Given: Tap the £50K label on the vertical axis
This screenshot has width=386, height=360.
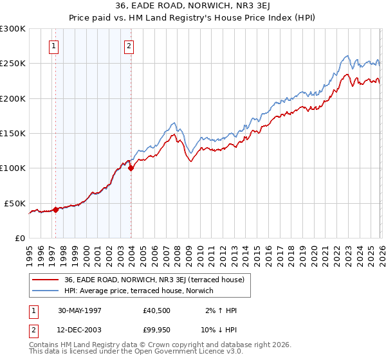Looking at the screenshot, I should [x=15, y=203].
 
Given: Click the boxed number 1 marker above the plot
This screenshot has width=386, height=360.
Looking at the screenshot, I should [x=53, y=46].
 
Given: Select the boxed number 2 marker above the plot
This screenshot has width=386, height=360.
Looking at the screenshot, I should [x=129, y=46].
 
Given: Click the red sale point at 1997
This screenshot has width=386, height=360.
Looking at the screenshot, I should [x=56, y=209].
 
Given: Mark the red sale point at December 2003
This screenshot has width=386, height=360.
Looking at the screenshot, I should [x=131, y=168].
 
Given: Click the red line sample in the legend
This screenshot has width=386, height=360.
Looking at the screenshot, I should [x=46, y=280].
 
